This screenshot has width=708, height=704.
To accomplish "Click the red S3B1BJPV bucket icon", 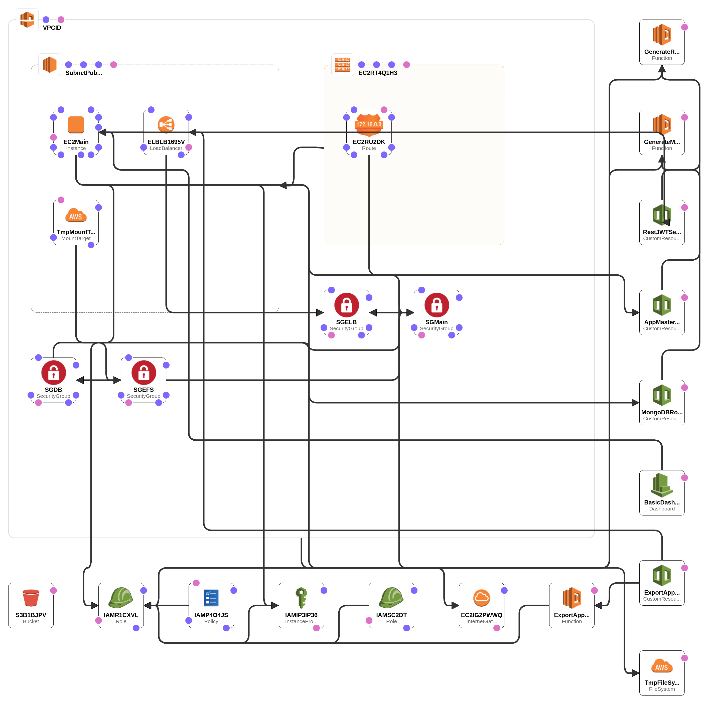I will [31, 598].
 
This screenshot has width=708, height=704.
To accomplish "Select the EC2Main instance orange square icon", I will [76, 124].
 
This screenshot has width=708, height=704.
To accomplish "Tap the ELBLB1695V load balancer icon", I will [166, 124].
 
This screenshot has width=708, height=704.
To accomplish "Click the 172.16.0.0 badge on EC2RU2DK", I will [369, 124].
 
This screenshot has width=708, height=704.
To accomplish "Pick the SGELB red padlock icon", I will [346, 305].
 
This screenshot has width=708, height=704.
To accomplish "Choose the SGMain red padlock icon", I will [437, 305].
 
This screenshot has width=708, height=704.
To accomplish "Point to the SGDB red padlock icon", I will [54, 373].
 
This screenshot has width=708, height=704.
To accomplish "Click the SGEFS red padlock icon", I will [144, 373].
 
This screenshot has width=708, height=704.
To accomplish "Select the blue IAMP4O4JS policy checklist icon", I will [211, 598].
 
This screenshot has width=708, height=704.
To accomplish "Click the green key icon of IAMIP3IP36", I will [301, 598].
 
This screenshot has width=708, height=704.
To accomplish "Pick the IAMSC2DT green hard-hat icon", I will [391, 598].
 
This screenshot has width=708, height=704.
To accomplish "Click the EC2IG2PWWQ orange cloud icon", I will [482, 598].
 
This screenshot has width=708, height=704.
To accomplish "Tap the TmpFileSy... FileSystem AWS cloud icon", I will [662, 665].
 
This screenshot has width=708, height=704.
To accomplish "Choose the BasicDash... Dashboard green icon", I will [662, 485].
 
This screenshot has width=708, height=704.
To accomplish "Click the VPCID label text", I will [52, 28].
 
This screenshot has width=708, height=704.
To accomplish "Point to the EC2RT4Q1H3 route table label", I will [377, 73].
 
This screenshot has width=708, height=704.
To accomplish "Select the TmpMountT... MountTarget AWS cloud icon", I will [76, 215].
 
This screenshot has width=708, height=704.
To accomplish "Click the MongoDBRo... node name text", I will [662, 412].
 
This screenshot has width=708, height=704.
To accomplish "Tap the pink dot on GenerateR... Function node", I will [684, 27].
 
